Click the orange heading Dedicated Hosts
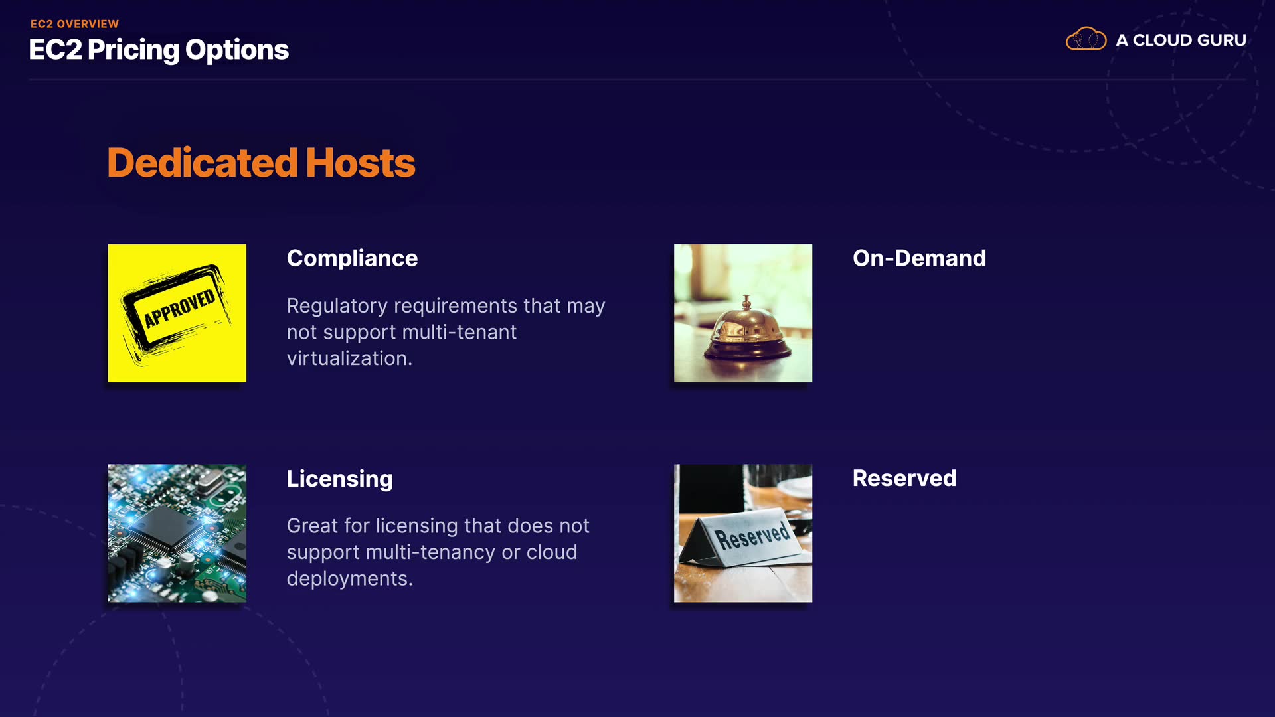[x=261, y=163]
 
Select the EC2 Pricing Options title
[x=159, y=50]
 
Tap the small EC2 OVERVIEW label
[x=74, y=24]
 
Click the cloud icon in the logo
[x=1086, y=39]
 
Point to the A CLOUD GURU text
[x=1181, y=40]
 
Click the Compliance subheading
[x=352, y=258]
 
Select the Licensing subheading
[x=339, y=479]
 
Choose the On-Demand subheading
[x=919, y=258]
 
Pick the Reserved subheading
[x=904, y=478]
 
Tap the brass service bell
[x=747, y=329]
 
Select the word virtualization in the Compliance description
[x=349, y=358]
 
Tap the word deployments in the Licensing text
[x=349, y=580]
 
